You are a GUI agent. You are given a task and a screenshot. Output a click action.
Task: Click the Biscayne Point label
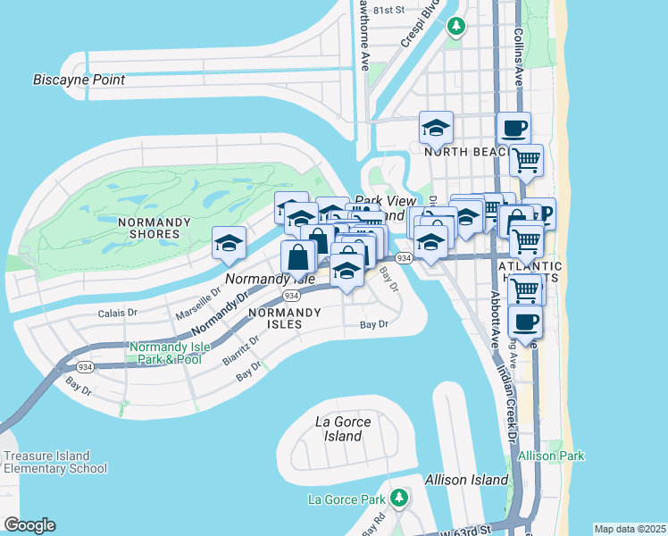79,80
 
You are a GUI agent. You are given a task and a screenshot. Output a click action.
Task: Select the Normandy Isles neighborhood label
284,318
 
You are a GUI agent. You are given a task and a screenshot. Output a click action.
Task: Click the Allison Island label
466,480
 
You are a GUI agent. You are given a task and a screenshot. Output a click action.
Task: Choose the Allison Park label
552,456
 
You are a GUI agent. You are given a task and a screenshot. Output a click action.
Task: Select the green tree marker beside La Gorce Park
398,498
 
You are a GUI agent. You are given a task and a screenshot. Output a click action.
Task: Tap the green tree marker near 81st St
456,26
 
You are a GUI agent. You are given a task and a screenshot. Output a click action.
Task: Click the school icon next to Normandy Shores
229,243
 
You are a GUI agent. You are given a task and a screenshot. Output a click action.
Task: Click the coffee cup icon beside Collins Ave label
514,128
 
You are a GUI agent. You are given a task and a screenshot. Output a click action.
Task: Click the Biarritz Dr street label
241,350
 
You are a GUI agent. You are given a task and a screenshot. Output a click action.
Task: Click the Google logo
29,525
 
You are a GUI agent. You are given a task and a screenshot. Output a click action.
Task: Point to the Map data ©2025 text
629,529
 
